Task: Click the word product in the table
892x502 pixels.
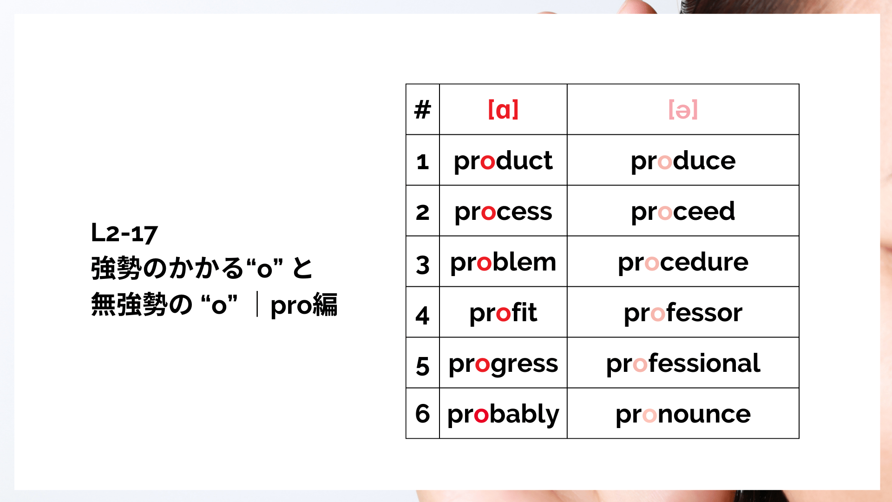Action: click(503, 161)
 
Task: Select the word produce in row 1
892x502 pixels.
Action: click(683, 161)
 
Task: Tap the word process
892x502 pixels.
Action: click(503, 212)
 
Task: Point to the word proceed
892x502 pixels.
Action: click(683, 212)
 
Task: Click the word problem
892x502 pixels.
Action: click(503, 263)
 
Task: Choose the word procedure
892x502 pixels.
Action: click(683, 263)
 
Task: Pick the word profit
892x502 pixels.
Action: click(503, 313)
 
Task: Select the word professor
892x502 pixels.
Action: click(683, 313)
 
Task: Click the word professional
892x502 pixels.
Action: click(683, 363)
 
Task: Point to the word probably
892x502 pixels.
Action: click(503, 415)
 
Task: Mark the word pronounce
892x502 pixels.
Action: click(683, 415)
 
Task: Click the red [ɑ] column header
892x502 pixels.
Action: click(503, 110)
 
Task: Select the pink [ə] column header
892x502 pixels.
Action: click(683, 110)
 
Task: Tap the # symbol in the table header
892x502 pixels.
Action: click(422, 110)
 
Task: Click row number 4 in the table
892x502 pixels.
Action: click(422, 315)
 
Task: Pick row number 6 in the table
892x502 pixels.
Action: click(422, 413)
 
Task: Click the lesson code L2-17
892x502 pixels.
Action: click(125, 233)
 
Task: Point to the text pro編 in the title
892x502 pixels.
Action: click(304, 305)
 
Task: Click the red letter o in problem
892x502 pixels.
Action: click(484, 264)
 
